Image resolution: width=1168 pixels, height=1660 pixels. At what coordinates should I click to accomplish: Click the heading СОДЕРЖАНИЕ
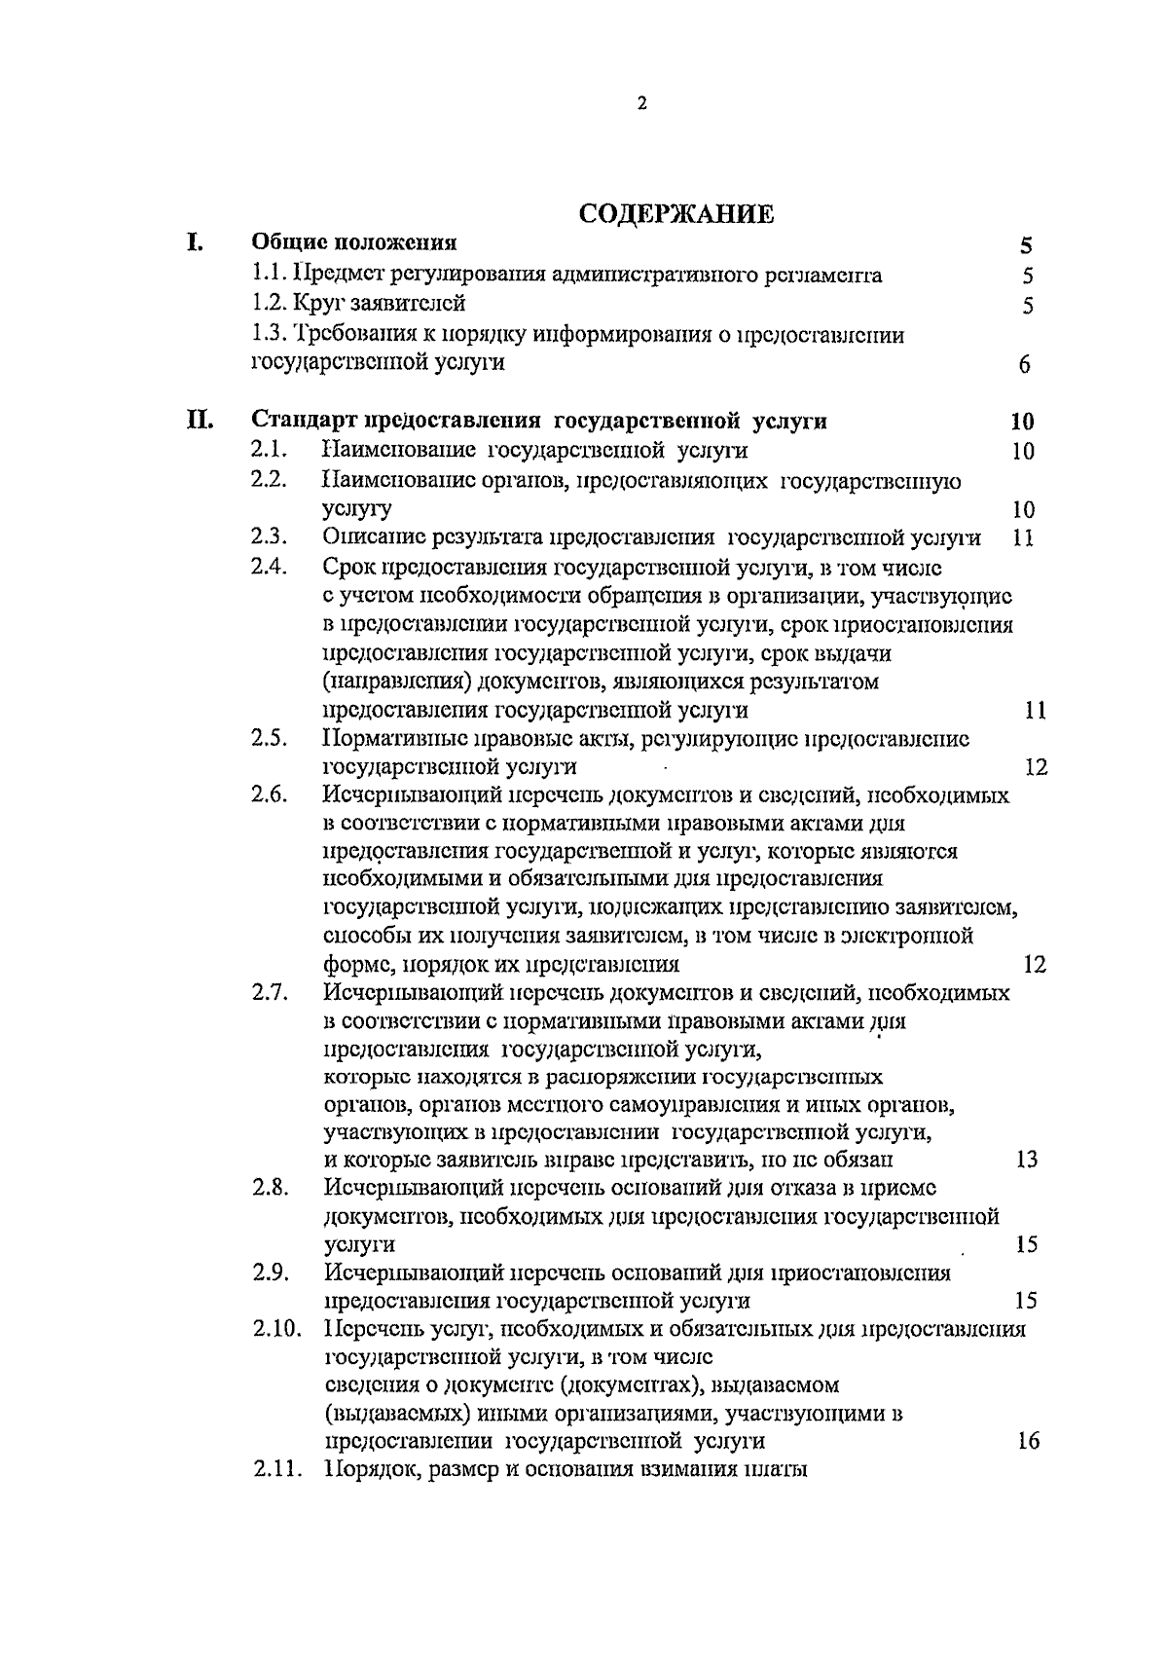click(x=676, y=214)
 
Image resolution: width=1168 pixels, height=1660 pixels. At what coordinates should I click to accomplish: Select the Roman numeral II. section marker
click(x=201, y=421)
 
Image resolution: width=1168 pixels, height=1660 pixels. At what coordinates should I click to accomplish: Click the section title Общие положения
click(x=354, y=242)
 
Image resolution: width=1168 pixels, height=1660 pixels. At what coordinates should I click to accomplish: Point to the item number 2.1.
click(x=268, y=450)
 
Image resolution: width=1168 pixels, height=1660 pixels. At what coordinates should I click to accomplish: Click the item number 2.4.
click(x=269, y=566)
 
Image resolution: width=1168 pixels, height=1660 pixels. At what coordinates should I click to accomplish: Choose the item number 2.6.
click(x=269, y=794)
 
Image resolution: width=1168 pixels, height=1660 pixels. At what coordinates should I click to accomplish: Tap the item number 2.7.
click(x=269, y=993)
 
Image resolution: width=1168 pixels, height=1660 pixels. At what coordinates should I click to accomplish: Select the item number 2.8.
click(x=269, y=1188)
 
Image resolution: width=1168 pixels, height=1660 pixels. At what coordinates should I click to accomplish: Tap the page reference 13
click(x=1026, y=1160)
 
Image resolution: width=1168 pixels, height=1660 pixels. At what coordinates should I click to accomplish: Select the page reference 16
click(x=1027, y=1441)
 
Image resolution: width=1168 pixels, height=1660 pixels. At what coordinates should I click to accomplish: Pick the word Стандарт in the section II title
click(x=304, y=421)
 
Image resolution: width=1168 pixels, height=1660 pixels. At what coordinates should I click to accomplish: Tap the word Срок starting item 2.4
click(x=346, y=567)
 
